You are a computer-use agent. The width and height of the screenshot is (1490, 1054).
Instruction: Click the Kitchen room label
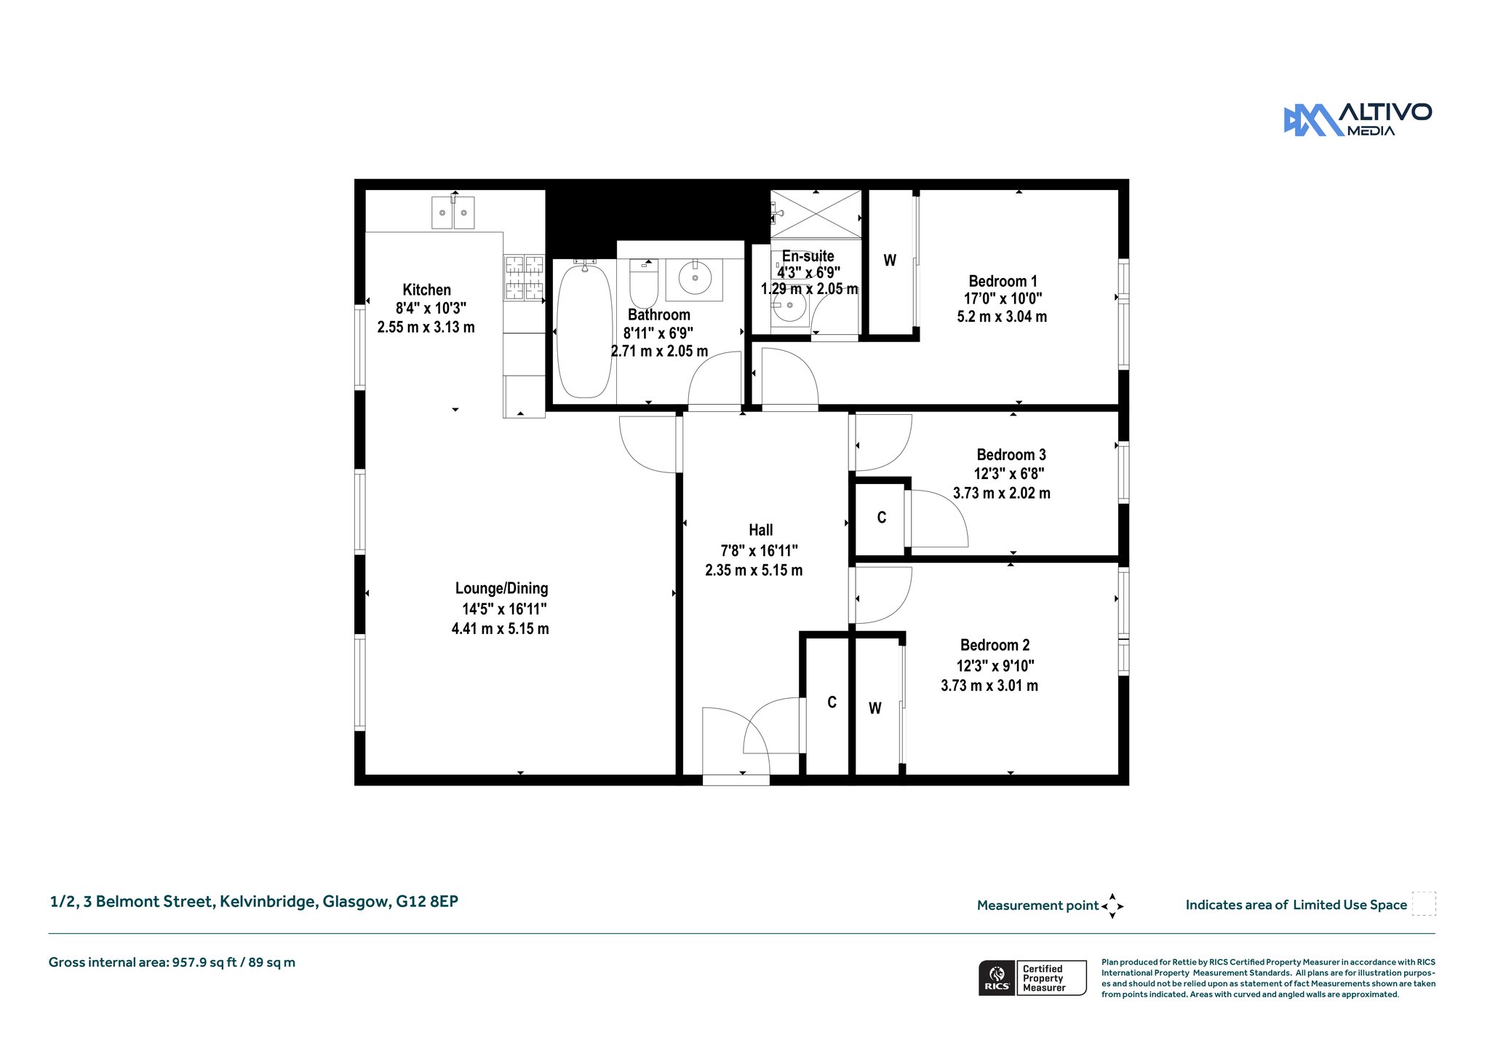click(427, 290)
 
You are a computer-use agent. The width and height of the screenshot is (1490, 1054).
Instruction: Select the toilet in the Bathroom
click(644, 283)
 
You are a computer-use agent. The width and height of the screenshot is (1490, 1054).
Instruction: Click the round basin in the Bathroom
click(695, 278)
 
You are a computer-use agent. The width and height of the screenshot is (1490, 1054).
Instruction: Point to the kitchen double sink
click(453, 213)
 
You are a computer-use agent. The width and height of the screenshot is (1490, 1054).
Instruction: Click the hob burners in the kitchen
click(524, 277)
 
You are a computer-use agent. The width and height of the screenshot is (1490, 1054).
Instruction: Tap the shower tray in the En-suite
click(816, 214)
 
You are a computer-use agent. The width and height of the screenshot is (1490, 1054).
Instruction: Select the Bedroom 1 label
click(1003, 281)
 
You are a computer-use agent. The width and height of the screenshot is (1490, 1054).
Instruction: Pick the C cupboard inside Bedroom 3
click(880, 518)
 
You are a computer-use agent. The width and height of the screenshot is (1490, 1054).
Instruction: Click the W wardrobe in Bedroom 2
click(876, 708)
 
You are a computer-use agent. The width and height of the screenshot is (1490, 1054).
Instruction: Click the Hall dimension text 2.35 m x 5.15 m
click(754, 571)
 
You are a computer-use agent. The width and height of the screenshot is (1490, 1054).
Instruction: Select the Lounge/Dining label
click(502, 588)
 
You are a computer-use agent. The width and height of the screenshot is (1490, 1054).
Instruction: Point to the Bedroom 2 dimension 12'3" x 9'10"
click(995, 666)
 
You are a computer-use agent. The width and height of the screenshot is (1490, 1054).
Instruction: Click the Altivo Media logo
click(1358, 120)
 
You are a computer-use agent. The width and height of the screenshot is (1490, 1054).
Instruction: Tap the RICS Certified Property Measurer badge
click(1032, 978)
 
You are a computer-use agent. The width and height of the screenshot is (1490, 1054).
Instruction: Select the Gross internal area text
click(172, 962)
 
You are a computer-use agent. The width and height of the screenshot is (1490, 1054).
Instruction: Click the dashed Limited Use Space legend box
click(1424, 903)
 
